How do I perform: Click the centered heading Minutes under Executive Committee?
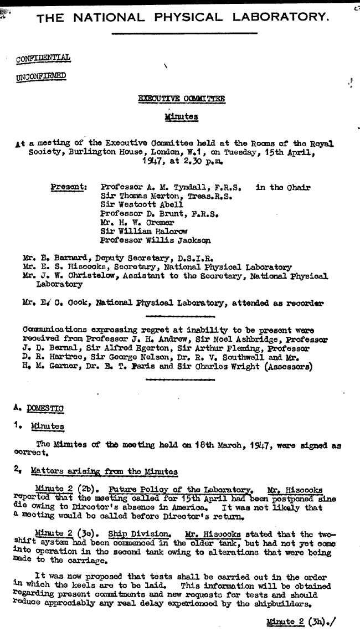tap(182, 117)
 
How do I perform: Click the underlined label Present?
tap(69, 187)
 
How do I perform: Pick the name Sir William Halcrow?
tap(143, 231)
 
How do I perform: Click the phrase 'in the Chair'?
tap(282, 187)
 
